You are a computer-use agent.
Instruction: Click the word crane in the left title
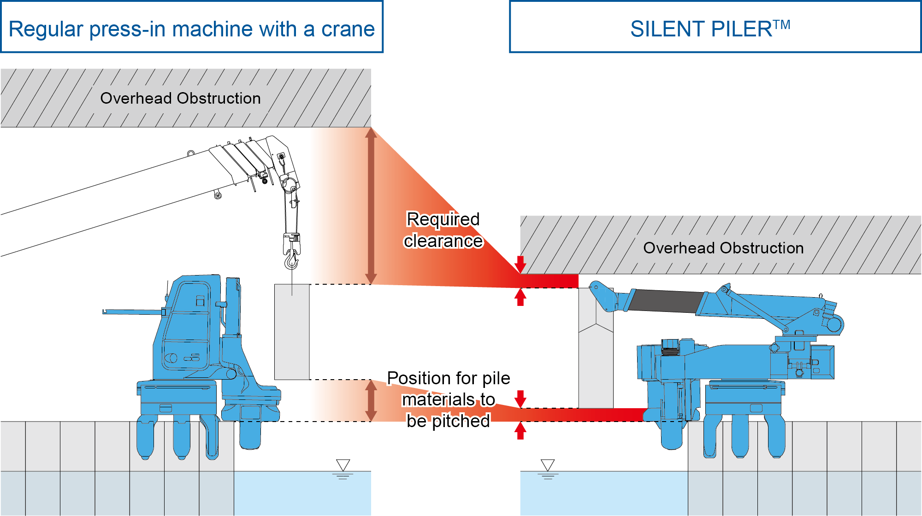point(348,29)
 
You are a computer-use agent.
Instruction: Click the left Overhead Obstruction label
point(180,98)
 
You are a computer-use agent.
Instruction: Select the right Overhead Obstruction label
point(723,248)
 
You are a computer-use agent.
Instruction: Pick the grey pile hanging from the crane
point(292,332)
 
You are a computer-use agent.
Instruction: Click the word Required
point(443,219)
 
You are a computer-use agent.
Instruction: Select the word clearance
point(443,241)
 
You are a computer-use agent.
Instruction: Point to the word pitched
point(461,421)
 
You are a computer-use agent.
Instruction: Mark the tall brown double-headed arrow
point(371,206)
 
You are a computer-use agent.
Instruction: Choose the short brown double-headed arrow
point(371,400)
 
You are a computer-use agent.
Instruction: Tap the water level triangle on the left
point(343,464)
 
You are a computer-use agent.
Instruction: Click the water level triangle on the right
point(548,464)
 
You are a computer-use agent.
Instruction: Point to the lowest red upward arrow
point(520,431)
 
